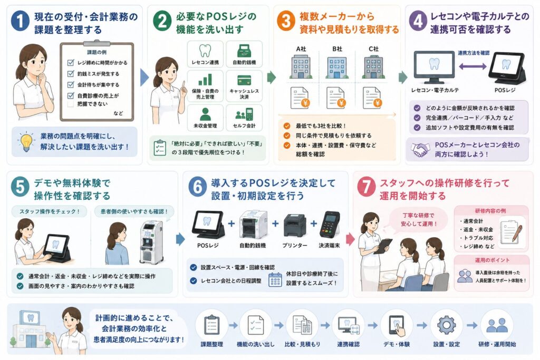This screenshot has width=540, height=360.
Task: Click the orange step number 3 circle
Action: coord(286,21)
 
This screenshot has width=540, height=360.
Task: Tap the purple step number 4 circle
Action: coord(418,21)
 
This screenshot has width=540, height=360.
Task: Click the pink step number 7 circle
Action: coord(366,187)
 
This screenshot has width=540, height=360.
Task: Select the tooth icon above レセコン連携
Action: coord(205,51)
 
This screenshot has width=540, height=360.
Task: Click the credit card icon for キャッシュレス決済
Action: coord(244,80)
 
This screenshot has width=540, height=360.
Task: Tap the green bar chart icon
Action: coord(205,80)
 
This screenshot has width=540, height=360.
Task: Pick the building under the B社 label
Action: coord(336,67)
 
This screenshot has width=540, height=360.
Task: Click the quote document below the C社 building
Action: coord(373,98)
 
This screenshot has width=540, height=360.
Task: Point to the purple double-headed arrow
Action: coord(472,66)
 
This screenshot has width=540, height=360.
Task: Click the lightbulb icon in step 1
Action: coord(26,141)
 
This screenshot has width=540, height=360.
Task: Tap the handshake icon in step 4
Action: coord(420,149)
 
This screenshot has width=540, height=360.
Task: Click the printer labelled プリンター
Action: coord(294,226)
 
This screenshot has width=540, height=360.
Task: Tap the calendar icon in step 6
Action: coord(275,279)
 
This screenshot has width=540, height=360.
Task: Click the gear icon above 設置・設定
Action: coord(446,325)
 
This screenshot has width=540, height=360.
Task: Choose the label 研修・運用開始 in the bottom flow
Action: coord(497,344)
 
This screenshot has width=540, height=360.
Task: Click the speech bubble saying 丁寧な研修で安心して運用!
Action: coord(418,220)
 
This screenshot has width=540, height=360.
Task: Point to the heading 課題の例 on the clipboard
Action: coord(97,52)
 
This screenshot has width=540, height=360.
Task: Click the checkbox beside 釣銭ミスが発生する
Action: coord(71,74)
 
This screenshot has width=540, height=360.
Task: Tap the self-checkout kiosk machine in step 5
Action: coord(151,242)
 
